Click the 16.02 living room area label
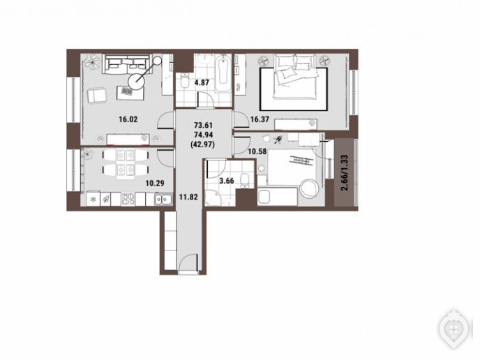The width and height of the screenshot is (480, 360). coord(128,119)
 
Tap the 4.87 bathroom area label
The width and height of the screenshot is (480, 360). coord(202,82)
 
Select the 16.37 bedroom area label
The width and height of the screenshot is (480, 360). coord(260,119)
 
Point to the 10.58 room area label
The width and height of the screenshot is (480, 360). coord(257,151)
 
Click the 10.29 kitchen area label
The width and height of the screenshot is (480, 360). coord(155,183)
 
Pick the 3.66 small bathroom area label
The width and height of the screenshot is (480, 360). coord(227,181)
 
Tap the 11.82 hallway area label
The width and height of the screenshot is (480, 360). coord(188,197)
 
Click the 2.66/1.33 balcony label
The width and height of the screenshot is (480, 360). coord(345,173)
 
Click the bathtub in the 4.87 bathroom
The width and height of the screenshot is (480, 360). coord(223,73)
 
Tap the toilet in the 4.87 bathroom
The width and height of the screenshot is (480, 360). coord(185,80)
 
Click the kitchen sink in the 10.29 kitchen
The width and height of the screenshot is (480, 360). coord(163,200)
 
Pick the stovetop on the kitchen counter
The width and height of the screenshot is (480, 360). coord(128,199)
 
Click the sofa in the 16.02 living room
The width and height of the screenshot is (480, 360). coord(127,64)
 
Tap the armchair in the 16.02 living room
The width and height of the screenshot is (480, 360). coord(97,95)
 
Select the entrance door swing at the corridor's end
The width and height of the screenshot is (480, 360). coord(188,263)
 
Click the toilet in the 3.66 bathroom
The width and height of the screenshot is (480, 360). coord(245,181)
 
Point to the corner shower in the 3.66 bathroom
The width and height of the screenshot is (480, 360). coord(212,197)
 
